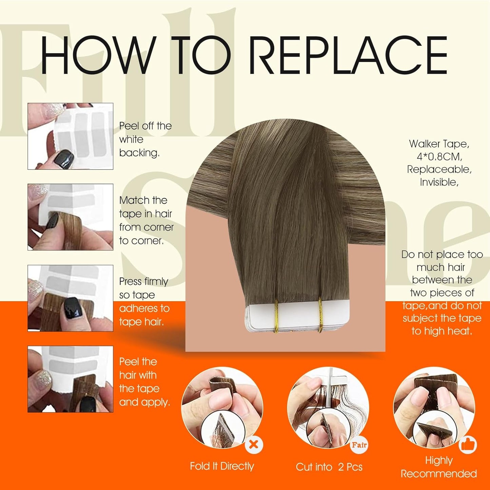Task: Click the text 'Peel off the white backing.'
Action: click(x=145, y=139)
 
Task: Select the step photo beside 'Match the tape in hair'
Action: click(x=70, y=217)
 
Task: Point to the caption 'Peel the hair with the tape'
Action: click(x=144, y=382)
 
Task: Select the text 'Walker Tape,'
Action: click(x=439, y=144)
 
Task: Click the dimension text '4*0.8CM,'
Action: click(x=439, y=157)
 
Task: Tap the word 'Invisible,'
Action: click(x=439, y=182)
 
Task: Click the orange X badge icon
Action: click(x=254, y=444)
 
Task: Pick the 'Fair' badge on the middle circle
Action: click(x=359, y=445)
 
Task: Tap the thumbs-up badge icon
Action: click(x=468, y=445)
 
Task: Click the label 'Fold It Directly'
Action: click(x=222, y=466)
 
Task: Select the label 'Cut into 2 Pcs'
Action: click(x=329, y=467)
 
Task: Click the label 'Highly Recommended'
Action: click(x=439, y=467)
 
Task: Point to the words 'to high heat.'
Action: click(x=442, y=331)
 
